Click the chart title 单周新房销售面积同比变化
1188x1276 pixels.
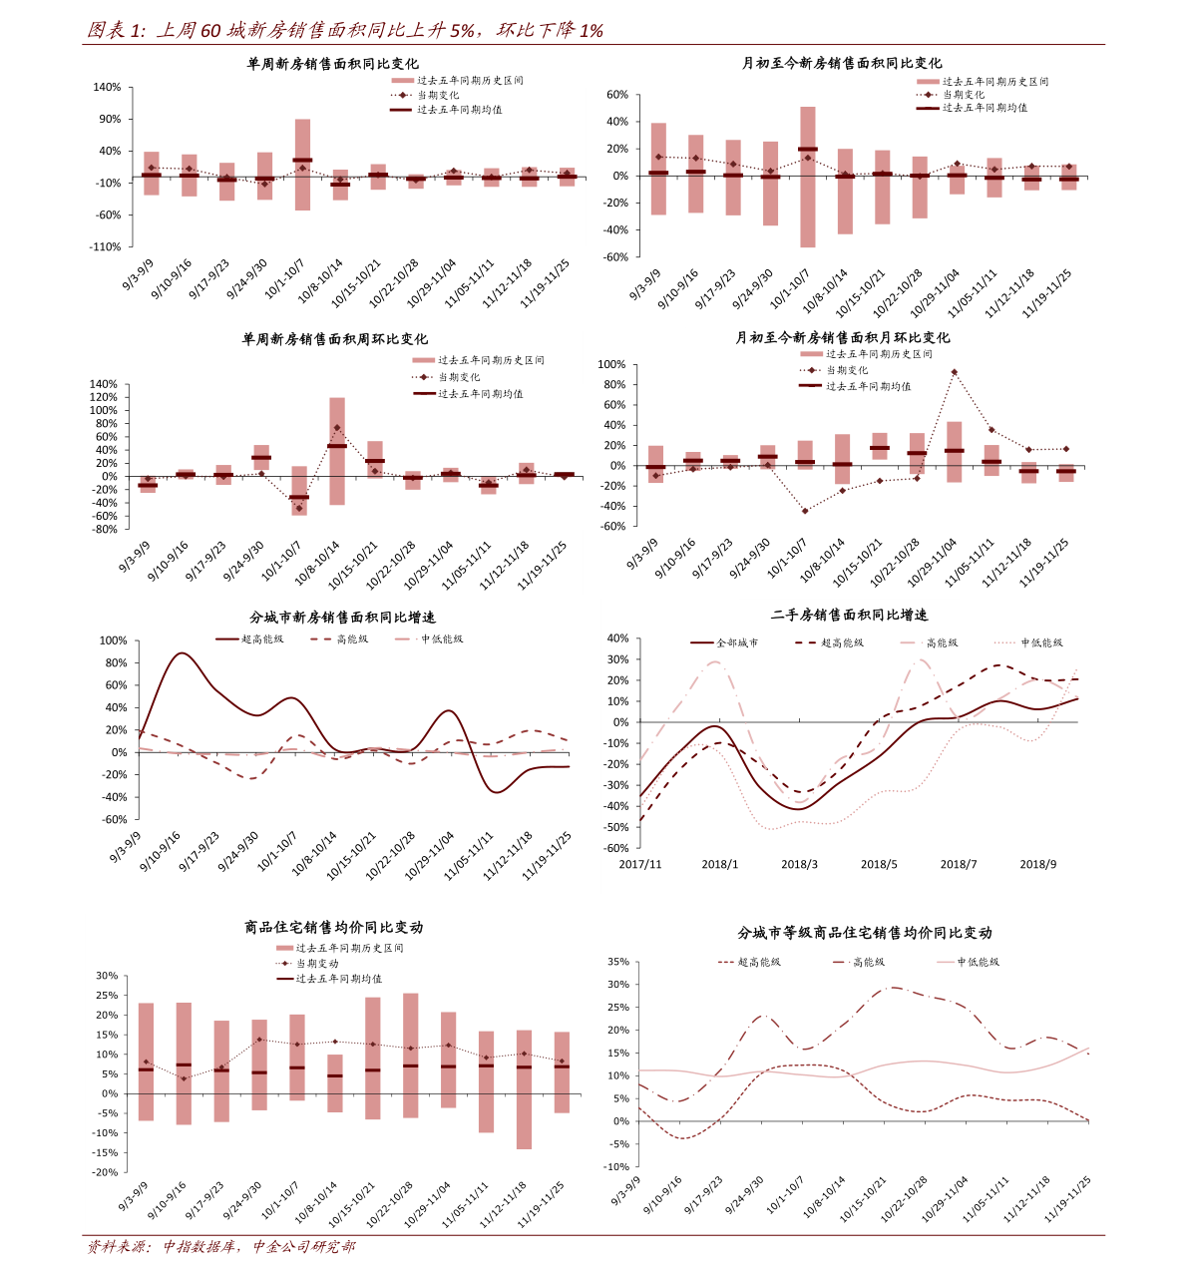pyautogui.click(x=332, y=64)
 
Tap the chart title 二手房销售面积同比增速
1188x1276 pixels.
pyautogui.click(x=849, y=616)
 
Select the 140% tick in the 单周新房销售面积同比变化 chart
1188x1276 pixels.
pyautogui.click(x=107, y=88)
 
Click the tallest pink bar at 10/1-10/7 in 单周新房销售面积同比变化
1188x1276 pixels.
pyautogui.click(x=302, y=165)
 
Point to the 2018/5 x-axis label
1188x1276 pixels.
pyautogui.click(x=879, y=864)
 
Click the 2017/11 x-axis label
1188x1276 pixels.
pyautogui.click(x=640, y=864)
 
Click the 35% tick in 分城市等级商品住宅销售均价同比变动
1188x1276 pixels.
pyautogui.click(x=617, y=963)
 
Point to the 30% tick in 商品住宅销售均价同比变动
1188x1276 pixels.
pyautogui.click(x=107, y=976)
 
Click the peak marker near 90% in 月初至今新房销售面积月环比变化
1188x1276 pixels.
pyautogui.click(x=954, y=372)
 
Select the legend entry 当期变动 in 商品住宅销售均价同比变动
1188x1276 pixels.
pyautogui.click(x=316, y=964)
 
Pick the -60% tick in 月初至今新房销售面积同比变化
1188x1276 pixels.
pyautogui.click(x=616, y=256)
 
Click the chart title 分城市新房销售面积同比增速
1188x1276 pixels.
pyautogui.click(x=342, y=618)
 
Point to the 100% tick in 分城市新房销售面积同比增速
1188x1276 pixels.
pyautogui.click(x=114, y=640)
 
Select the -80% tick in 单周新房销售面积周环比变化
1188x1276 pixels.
pyautogui.click(x=104, y=529)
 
